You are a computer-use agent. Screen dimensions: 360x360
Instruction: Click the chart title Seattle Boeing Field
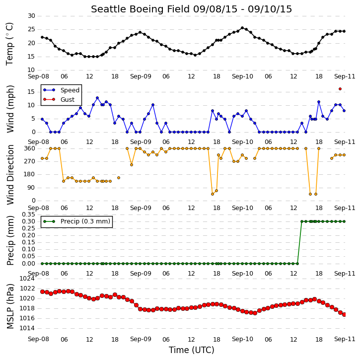point(140,9)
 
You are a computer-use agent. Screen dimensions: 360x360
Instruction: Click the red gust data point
point(340,89)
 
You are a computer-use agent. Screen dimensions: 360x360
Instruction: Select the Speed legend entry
point(61,90)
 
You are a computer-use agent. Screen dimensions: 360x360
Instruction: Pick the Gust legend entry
point(59,99)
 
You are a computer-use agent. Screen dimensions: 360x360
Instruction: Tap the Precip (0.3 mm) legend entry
point(76,221)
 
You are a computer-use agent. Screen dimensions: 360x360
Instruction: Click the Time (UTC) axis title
point(191,350)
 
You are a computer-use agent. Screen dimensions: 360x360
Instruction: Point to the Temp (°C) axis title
point(9,44)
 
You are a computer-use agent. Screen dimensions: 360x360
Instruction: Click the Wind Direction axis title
point(10,174)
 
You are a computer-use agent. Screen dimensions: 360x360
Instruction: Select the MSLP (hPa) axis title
point(10,306)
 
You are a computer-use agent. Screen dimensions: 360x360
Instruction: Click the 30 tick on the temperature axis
point(31,16)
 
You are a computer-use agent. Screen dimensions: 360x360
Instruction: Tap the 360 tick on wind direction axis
point(30,148)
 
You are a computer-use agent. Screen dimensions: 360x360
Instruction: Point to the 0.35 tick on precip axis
point(28,215)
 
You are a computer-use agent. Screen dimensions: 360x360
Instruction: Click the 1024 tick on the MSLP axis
point(27,279)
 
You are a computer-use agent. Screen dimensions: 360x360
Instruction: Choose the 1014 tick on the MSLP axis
point(27,328)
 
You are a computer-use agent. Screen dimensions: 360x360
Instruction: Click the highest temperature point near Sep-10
point(242,28)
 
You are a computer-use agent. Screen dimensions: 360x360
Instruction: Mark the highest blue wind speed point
point(97,98)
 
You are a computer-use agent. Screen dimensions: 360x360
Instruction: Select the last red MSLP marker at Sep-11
point(344,314)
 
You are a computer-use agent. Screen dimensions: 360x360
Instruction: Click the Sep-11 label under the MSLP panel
point(345,339)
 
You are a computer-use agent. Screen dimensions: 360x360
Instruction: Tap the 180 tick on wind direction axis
point(30,174)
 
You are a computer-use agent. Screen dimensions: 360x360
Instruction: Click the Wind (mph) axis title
point(10,109)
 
